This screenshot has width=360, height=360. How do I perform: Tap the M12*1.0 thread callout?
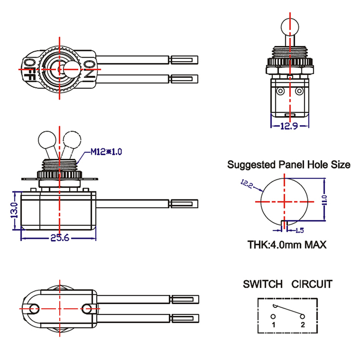106,152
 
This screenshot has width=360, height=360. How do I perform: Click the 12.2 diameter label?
247,184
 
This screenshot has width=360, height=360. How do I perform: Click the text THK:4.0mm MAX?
287,245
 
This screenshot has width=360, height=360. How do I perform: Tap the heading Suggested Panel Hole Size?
288,165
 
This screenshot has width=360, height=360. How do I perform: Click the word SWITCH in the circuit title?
263,284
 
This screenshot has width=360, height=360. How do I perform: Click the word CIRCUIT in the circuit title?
312,284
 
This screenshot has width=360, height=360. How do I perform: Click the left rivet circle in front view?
280,91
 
